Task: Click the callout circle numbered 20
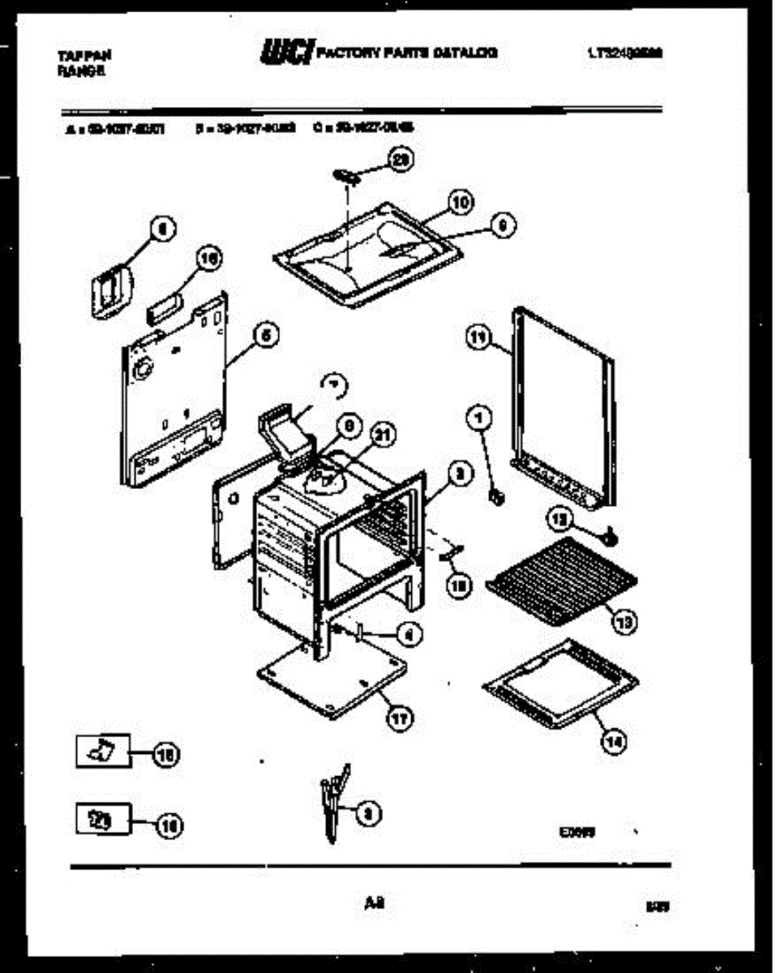point(399,160)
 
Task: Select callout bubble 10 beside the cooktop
point(461,203)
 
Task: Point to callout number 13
point(624,622)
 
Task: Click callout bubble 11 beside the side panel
point(479,340)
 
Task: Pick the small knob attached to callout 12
point(610,536)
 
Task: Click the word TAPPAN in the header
point(84,55)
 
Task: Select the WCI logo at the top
point(285,54)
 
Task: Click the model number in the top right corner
point(624,55)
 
